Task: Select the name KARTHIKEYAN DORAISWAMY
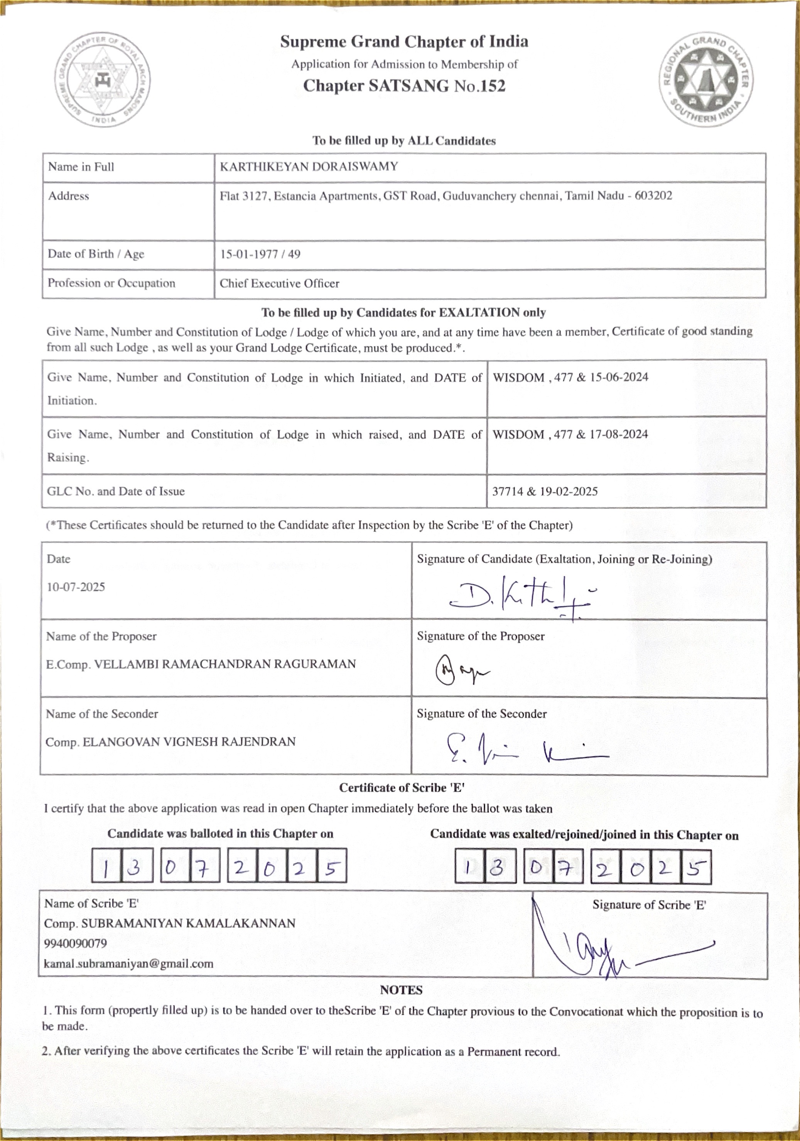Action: (309, 167)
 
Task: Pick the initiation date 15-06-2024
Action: (619, 377)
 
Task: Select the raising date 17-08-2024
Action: (619, 434)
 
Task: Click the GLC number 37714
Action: (507, 491)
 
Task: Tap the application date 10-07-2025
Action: (76, 587)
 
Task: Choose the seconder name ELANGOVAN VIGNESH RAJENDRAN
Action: (189, 742)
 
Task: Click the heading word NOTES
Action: (401, 990)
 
